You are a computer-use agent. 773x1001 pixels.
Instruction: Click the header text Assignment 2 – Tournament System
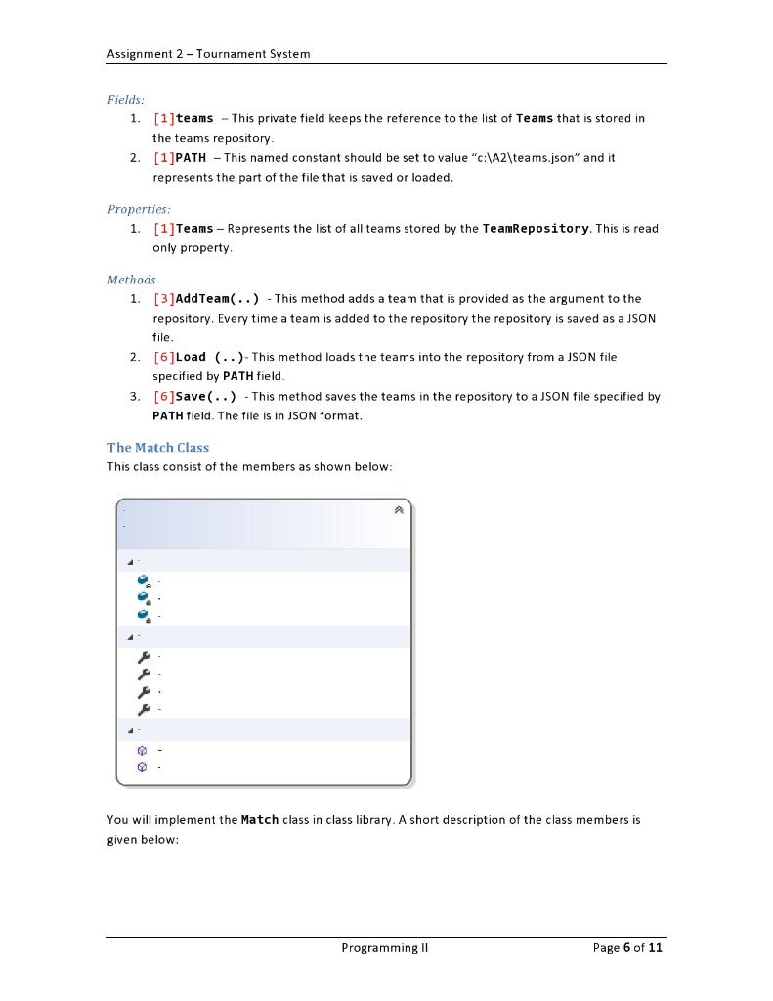click(208, 54)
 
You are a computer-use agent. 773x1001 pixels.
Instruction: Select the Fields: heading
click(126, 100)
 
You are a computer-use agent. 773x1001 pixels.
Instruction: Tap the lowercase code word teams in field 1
click(194, 119)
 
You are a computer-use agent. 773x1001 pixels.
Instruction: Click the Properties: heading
click(139, 209)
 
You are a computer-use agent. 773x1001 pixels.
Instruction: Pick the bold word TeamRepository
click(536, 229)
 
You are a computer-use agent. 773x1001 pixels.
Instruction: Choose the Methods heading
click(131, 280)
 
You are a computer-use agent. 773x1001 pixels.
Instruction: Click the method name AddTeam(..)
click(217, 299)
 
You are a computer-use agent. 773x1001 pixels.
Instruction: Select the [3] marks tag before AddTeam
click(163, 299)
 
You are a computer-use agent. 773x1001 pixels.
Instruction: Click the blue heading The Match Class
click(158, 448)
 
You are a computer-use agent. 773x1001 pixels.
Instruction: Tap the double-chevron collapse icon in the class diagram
click(399, 510)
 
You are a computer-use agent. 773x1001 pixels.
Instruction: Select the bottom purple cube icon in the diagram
click(143, 767)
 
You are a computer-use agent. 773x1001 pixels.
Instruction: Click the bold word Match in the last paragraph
click(260, 820)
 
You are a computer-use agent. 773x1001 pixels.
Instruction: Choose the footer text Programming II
click(385, 947)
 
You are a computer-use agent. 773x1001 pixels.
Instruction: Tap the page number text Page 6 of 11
click(627, 947)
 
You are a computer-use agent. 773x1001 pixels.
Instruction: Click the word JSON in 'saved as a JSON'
click(639, 319)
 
